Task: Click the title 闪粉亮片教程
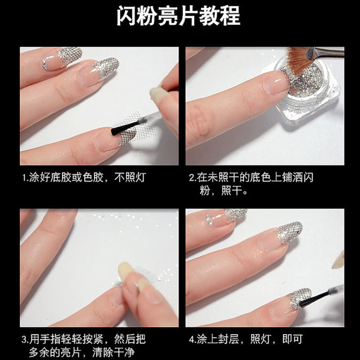[178, 16]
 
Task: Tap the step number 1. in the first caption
[25, 177]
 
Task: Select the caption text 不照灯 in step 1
[130, 177]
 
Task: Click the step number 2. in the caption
[193, 177]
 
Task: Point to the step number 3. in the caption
[25, 339]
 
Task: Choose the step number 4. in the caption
[193, 339]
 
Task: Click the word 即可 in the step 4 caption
[292, 339]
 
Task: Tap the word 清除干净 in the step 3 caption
[113, 352]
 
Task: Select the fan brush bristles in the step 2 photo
[296, 60]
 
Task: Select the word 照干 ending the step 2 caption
[232, 191]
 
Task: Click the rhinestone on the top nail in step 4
[209, 219]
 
